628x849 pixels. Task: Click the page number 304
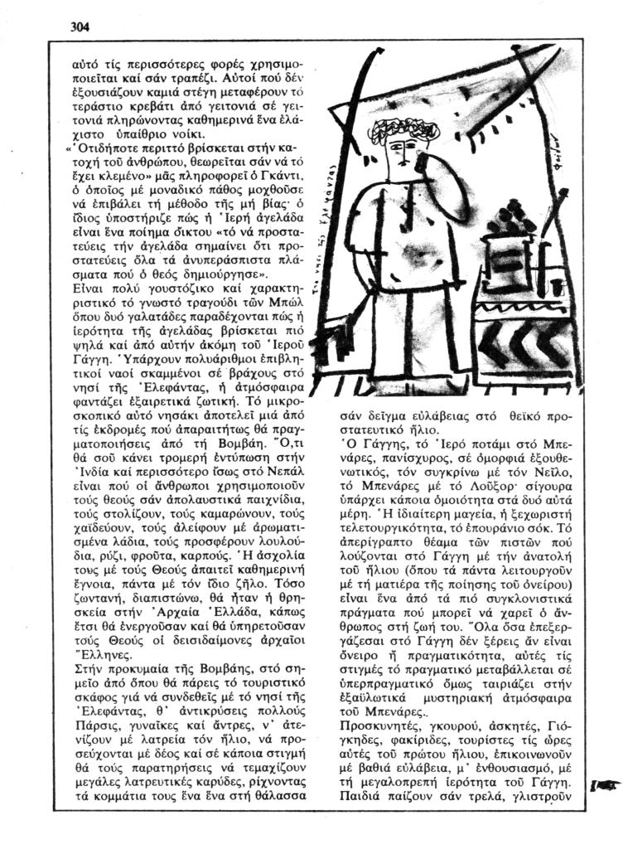(80, 26)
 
